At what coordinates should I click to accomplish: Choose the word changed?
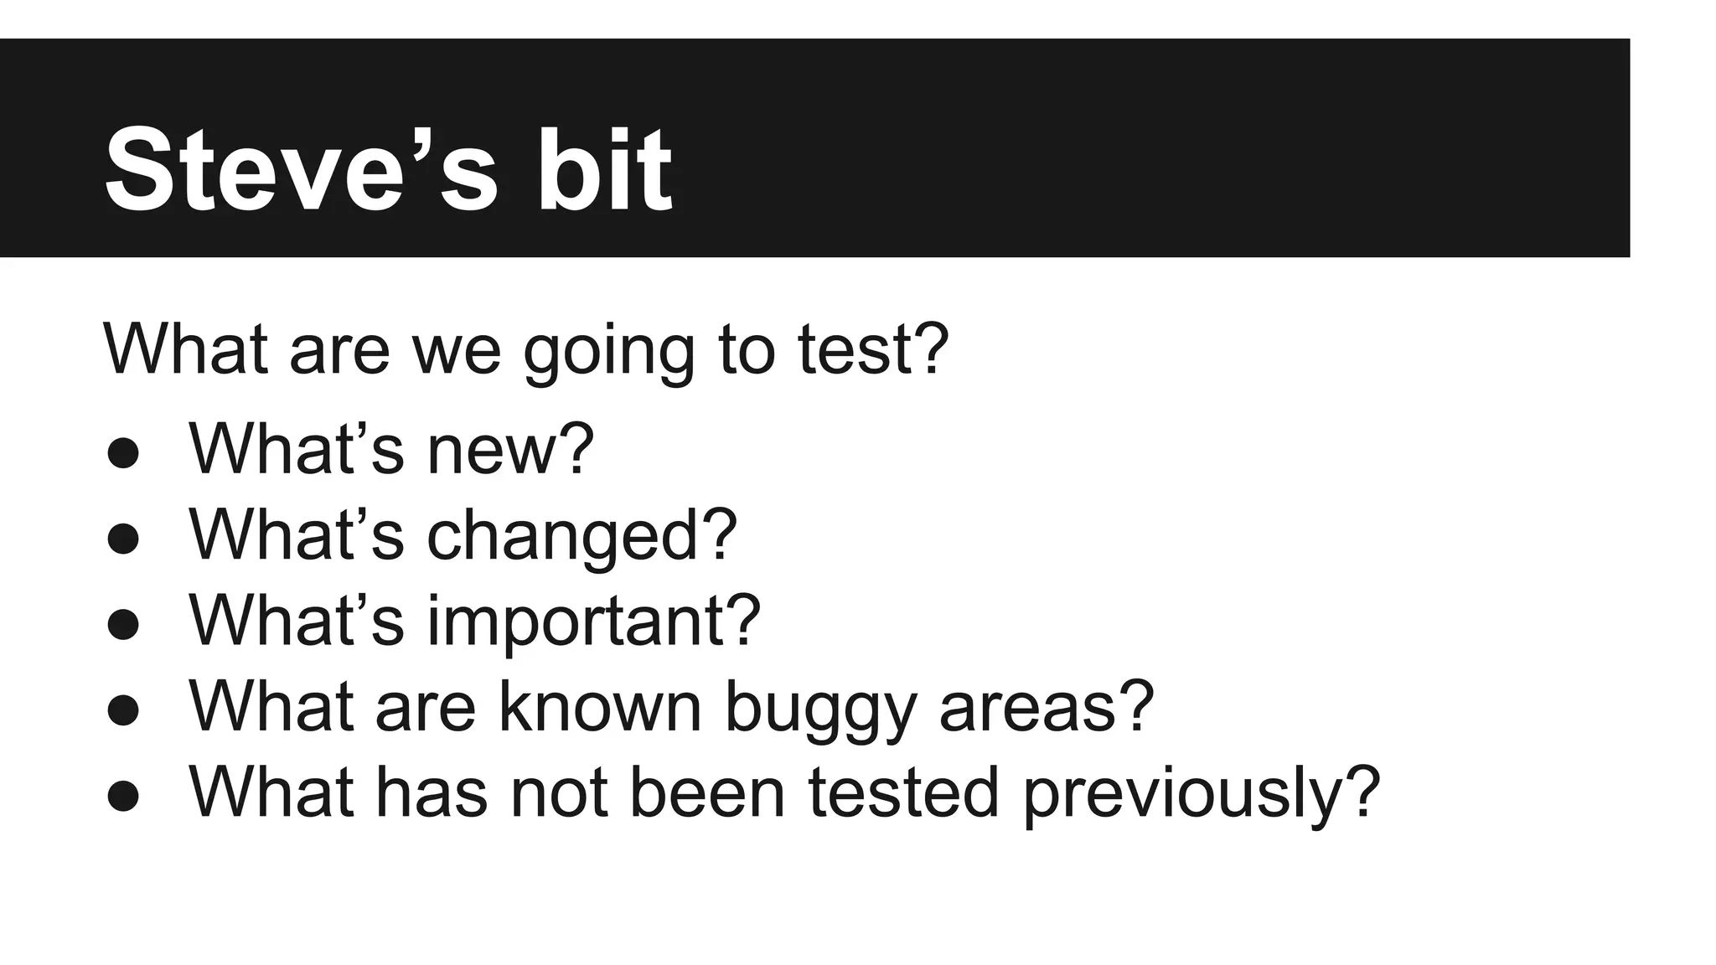point(581,536)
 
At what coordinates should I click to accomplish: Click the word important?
point(593,622)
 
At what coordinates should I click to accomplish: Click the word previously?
point(1201,794)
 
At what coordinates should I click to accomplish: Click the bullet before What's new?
point(123,453)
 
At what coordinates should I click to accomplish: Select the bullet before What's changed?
point(123,539)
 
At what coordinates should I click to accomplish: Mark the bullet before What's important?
point(123,625)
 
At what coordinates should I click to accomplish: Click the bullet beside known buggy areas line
point(123,710)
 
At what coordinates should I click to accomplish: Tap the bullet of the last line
point(123,796)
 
